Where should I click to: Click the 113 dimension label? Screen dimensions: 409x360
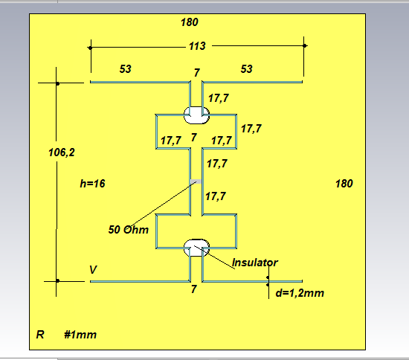197,46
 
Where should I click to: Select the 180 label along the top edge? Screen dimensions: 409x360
190,22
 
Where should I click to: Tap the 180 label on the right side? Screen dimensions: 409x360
344,184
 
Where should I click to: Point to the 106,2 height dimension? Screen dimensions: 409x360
62,152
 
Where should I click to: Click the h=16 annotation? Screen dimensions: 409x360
92,184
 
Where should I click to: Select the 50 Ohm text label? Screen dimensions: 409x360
129,230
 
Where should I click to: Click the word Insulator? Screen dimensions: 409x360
255,263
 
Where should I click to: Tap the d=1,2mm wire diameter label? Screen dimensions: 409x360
300,293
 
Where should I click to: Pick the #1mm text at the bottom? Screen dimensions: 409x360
80,335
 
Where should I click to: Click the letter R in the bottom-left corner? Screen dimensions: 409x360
40,335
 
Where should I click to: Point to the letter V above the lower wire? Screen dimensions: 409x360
93,270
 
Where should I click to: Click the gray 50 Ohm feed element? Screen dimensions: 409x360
196,181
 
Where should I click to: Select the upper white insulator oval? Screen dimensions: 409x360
196,115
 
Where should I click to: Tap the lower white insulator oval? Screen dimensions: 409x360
196,248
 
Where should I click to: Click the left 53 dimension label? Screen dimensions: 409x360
126,69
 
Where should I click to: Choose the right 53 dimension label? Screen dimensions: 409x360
246,69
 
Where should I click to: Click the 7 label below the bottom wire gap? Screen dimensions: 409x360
193,289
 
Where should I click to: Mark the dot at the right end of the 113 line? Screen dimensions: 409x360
304,46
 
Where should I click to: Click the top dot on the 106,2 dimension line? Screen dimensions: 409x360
58,83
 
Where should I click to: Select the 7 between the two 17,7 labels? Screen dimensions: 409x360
193,138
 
